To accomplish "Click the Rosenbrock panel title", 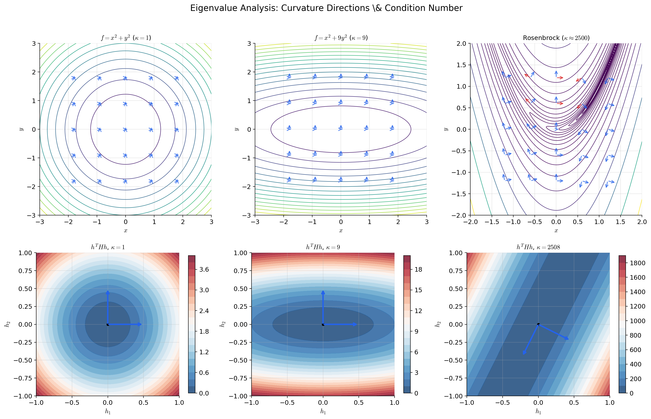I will tap(556, 38).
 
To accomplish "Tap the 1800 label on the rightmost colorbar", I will tap(637, 263).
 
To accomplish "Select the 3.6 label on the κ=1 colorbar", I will tap(204, 270).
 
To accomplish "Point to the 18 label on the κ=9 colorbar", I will tap(418, 270).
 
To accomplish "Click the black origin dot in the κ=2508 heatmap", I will tap(538, 324).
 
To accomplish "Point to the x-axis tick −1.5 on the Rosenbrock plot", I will tap(491, 222).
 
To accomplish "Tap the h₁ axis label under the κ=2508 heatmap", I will tap(538, 412).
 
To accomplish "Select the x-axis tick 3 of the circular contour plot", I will tap(211, 222).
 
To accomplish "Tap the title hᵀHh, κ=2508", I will tap(538, 247).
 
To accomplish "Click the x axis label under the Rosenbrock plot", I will tap(556, 231).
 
